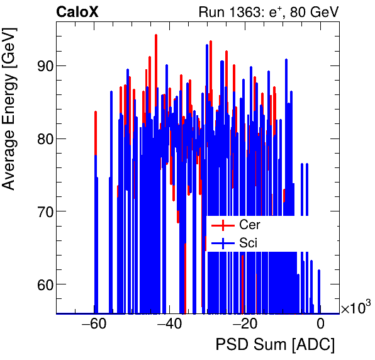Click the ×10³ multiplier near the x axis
355,308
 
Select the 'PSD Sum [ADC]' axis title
275,345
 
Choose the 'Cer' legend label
250,225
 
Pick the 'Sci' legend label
249,242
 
